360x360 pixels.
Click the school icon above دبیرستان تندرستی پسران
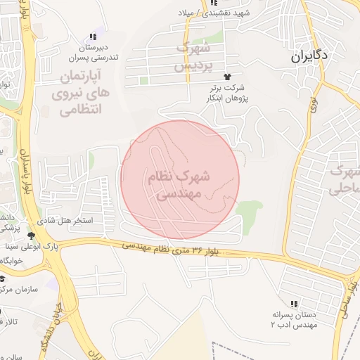pyautogui.click(x=92, y=37)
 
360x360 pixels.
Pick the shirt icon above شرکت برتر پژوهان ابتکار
pyautogui.click(x=226, y=76)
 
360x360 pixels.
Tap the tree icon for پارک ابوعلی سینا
pyautogui.click(x=30, y=235)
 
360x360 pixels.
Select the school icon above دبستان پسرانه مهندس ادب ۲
pyautogui.click(x=293, y=303)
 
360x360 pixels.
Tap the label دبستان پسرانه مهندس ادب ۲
pyautogui.click(x=295, y=320)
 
